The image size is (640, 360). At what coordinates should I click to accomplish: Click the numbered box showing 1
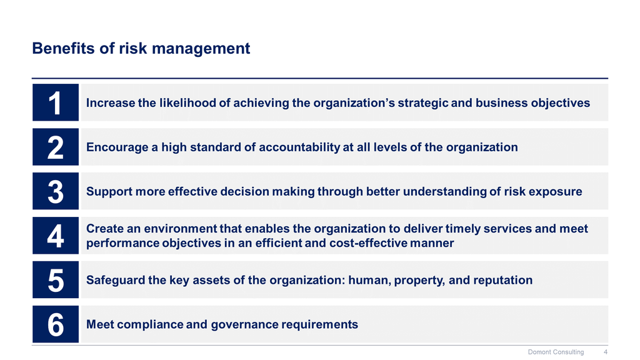(x=56, y=102)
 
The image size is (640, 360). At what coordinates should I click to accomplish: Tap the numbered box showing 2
(x=56, y=147)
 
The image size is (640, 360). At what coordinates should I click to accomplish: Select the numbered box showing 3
(x=56, y=191)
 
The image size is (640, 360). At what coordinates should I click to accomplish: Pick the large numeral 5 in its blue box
(x=56, y=281)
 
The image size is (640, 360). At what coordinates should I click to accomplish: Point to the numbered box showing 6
(x=56, y=324)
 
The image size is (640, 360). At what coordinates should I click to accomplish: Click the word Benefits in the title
(x=64, y=48)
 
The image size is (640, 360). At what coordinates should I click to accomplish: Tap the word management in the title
(x=201, y=49)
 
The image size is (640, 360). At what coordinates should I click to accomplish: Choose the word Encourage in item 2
(x=117, y=147)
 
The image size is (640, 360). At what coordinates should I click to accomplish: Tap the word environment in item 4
(x=181, y=229)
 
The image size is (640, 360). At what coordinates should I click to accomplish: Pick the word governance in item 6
(x=244, y=324)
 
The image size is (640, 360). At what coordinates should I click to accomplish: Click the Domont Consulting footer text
(x=556, y=352)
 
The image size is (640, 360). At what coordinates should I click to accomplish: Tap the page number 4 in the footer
(x=606, y=352)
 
